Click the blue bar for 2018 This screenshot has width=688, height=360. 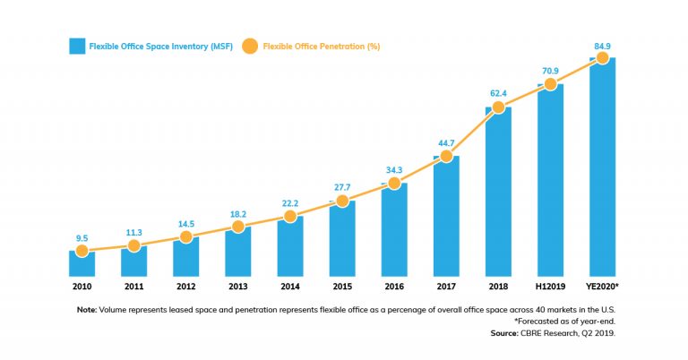(498, 193)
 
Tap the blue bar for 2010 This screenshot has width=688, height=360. (82, 263)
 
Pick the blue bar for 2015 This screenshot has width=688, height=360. (342, 238)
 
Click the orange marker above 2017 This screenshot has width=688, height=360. (446, 156)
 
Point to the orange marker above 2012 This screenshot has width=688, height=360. (185, 237)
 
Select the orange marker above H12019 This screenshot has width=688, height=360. (550, 84)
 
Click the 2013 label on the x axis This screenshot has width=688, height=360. (237, 287)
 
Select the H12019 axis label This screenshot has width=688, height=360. (550, 287)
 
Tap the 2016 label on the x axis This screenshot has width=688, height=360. (394, 287)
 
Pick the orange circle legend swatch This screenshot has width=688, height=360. (249, 46)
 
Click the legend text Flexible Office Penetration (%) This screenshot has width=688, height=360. (321, 46)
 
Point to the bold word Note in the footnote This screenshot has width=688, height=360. (87, 309)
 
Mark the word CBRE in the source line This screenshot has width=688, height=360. (534, 332)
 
